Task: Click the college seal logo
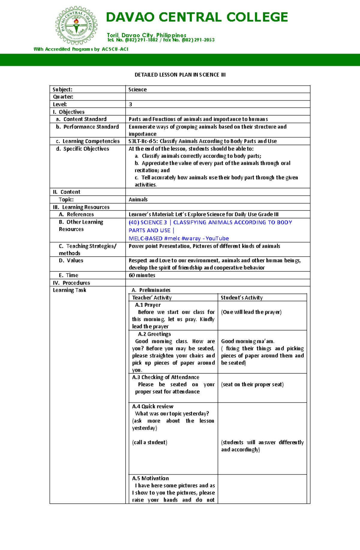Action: pos(76,25)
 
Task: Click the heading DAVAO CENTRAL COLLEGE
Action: pos(197,17)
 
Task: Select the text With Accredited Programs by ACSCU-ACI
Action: pos(81,49)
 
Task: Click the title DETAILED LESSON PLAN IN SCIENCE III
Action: pos(180,75)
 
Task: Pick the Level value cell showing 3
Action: pos(130,104)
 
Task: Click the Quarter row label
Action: pos(63,97)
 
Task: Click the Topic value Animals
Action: pos(138,200)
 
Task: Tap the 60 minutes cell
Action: pos(142,275)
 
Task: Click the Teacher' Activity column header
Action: pos(152,298)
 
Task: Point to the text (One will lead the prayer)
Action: pos(251,312)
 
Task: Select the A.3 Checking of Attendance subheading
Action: pos(166,377)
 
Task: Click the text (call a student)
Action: pos(149,442)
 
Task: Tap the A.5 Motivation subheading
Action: pos(150,478)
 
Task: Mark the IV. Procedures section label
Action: pos(71,283)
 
